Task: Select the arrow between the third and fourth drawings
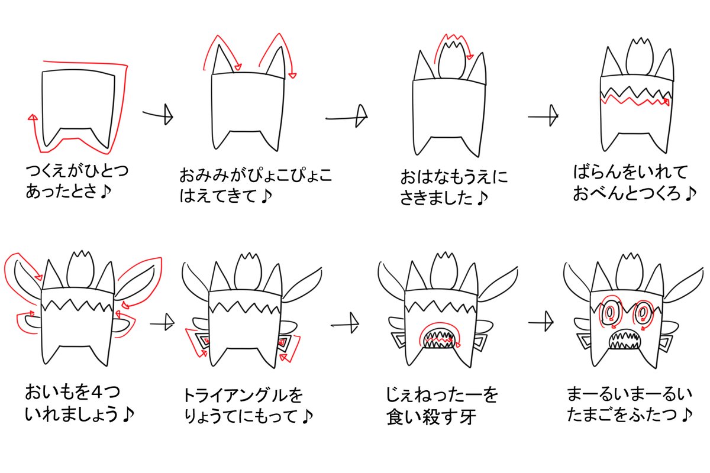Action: pyautogui.click(x=544, y=116)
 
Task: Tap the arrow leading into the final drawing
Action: pyautogui.click(x=541, y=322)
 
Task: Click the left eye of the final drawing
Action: pyautogui.click(x=608, y=312)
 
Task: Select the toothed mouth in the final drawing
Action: pyautogui.click(x=624, y=339)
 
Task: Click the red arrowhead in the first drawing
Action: pyautogui.click(x=33, y=118)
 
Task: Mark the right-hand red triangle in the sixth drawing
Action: pyautogui.click(x=285, y=342)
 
